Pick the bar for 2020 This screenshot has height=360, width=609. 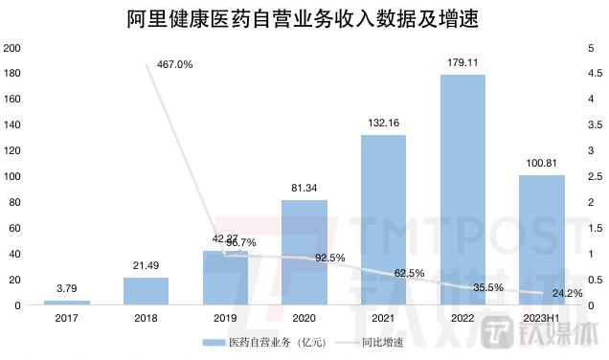304,253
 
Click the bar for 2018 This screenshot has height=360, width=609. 147,291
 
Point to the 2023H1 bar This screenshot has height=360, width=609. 542,239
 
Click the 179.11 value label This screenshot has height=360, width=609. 462,63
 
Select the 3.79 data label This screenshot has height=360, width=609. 67,287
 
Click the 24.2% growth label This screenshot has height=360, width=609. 568,293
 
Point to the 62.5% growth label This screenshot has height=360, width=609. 409,273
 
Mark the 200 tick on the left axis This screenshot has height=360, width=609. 12,48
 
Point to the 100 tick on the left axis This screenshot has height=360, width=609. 12,176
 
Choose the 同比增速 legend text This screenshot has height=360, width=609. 383,343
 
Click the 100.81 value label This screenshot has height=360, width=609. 542,164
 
